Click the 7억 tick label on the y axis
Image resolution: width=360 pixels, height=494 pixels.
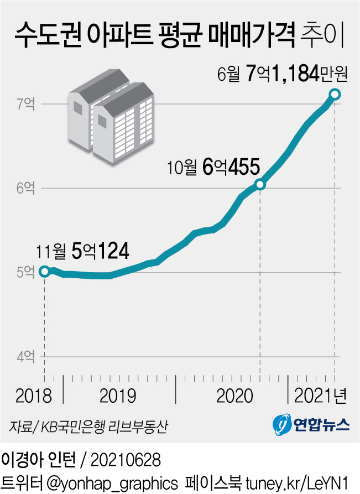pyautogui.click(x=25, y=103)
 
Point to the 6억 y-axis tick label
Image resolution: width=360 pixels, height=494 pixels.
pyautogui.click(x=25, y=188)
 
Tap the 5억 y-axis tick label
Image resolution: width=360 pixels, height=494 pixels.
pyautogui.click(x=25, y=272)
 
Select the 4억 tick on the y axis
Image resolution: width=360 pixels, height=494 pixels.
pyautogui.click(x=25, y=357)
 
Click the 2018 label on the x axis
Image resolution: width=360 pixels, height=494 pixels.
pyautogui.click(x=34, y=396)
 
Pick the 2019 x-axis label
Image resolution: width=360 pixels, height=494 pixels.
pyautogui.click(x=118, y=396)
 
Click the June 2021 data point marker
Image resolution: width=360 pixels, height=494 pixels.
pyautogui.click(x=335, y=94)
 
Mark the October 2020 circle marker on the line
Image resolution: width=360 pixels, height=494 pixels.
pyautogui.click(x=260, y=185)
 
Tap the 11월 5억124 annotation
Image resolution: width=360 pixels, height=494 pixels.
pyautogui.click(x=83, y=252)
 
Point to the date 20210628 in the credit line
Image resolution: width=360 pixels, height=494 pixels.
pyautogui.click(x=124, y=459)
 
